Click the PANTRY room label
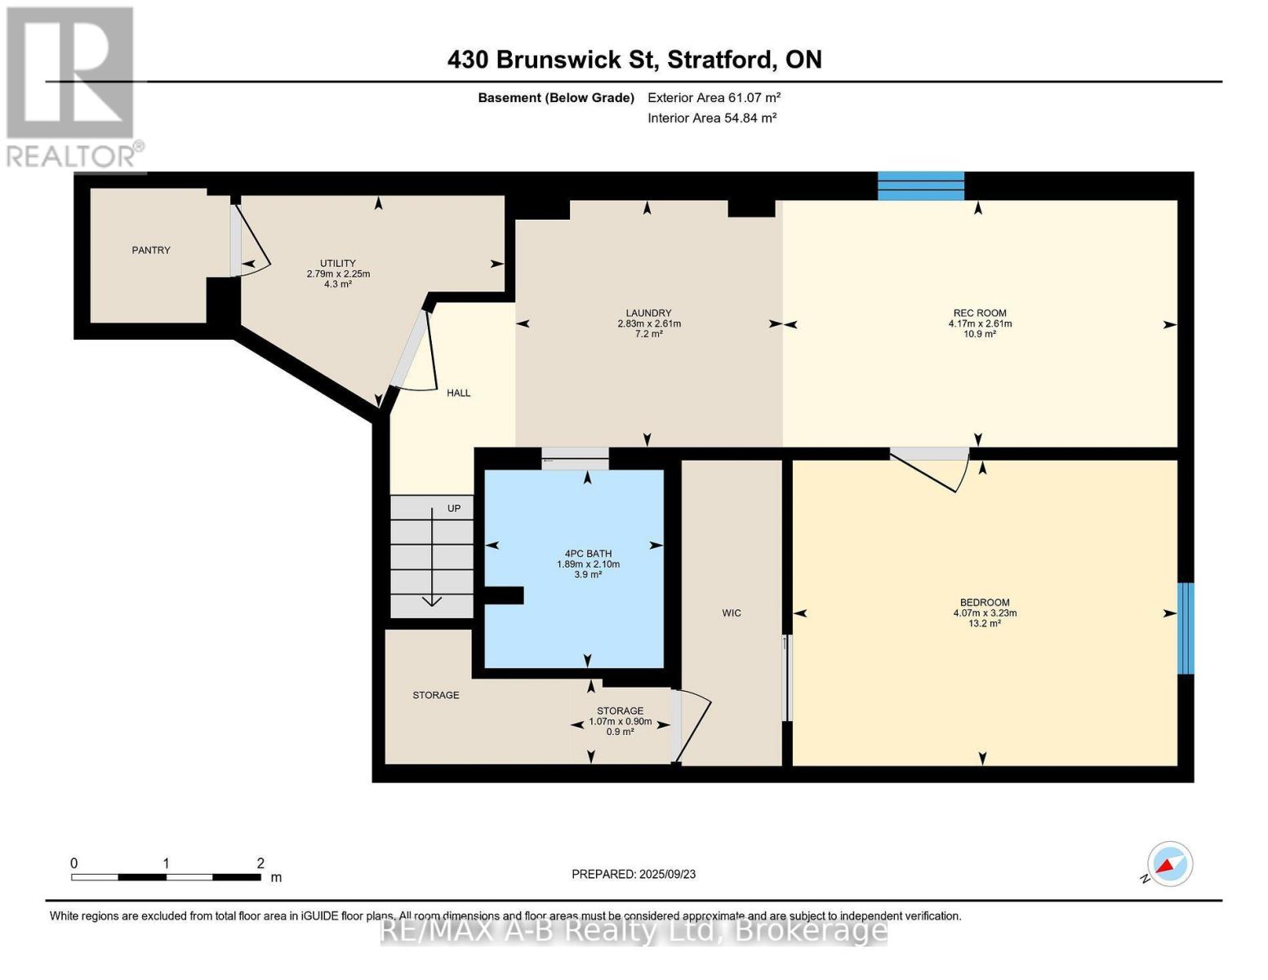coord(151,250)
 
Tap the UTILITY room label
coord(337,263)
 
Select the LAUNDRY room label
coord(648,313)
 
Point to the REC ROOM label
coord(979,313)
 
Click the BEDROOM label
coord(984,603)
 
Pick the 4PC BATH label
coord(587,554)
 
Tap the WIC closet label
coord(731,613)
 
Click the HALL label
coord(458,393)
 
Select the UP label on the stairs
coord(454,508)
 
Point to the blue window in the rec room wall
coord(920,185)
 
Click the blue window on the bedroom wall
coord(1185,628)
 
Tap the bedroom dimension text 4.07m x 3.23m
coord(984,613)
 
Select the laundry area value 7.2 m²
coord(648,334)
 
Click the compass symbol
coord(1169,864)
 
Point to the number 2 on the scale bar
coord(260,863)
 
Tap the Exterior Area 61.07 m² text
coord(714,97)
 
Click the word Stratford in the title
coord(722,60)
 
